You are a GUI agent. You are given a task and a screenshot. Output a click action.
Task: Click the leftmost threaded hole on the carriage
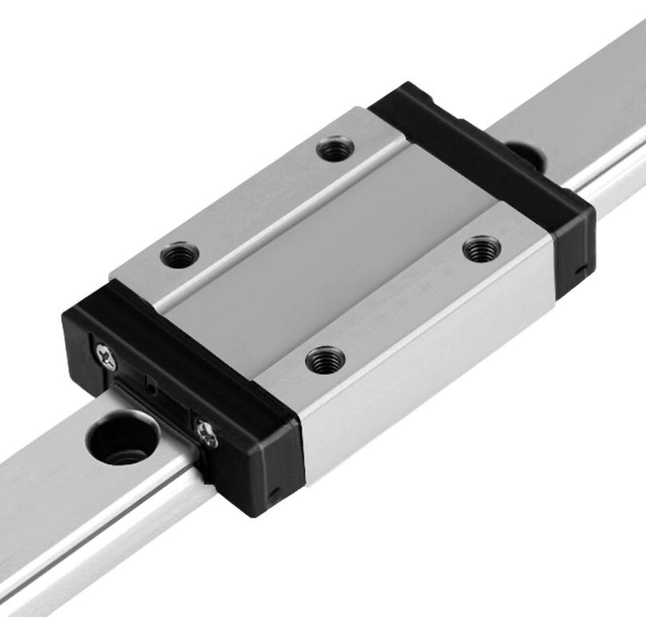[179, 255]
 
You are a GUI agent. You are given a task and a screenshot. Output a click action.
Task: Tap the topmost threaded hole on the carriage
[335, 148]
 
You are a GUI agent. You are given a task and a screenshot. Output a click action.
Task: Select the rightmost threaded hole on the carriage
[481, 248]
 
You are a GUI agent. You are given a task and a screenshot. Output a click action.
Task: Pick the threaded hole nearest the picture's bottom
[325, 359]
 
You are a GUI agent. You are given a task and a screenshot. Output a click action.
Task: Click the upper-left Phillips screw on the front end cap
[106, 356]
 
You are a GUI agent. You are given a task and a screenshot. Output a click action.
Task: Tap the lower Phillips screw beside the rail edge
[207, 434]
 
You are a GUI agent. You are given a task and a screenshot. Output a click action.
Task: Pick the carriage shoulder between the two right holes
[407, 303]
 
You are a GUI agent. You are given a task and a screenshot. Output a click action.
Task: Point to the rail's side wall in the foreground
[104, 543]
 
